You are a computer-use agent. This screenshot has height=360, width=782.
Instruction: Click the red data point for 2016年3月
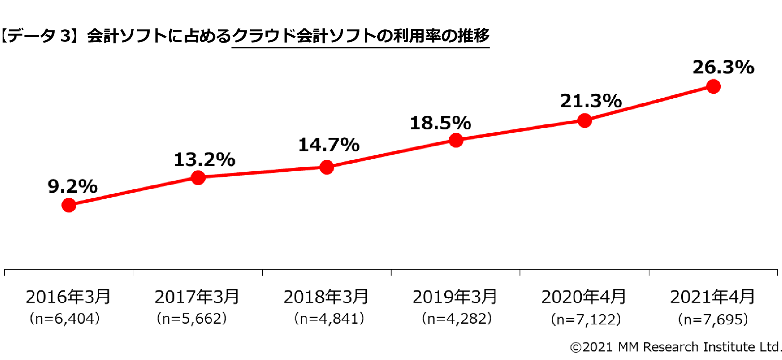pyautogui.click(x=69, y=205)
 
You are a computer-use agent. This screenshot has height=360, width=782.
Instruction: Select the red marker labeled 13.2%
pyautogui.click(x=198, y=177)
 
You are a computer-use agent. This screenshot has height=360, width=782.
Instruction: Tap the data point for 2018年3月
pyautogui.click(x=327, y=167)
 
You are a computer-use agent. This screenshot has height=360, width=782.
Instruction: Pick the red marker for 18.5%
pyautogui.click(x=456, y=140)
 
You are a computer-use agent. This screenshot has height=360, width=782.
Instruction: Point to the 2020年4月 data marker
pyautogui.click(x=585, y=120)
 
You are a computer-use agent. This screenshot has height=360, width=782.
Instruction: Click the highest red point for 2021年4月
pyautogui.click(x=714, y=86)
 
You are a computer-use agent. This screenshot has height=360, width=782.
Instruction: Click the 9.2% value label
pyautogui.click(x=72, y=186)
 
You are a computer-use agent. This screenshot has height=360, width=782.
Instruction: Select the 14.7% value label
pyautogui.click(x=329, y=145)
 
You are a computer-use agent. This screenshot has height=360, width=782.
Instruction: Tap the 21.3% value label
pyautogui.click(x=591, y=101)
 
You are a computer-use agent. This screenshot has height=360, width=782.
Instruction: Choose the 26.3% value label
pyautogui.click(x=723, y=67)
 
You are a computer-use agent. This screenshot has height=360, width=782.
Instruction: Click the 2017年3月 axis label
pyautogui.click(x=197, y=297)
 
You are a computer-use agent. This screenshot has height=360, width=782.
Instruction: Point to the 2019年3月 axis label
pyautogui.click(x=455, y=297)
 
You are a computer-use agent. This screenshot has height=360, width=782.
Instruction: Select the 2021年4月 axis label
pyautogui.click(x=712, y=297)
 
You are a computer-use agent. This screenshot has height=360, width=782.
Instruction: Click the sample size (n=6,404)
pyautogui.click(x=65, y=319)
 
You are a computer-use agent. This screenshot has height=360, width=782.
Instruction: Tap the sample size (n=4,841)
pyautogui.click(x=329, y=319)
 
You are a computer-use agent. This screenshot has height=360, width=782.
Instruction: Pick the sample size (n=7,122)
pyautogui.click(x=586, y=319)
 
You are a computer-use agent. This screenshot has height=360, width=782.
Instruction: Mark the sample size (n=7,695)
pyautogui.click(x=713, y=319)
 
